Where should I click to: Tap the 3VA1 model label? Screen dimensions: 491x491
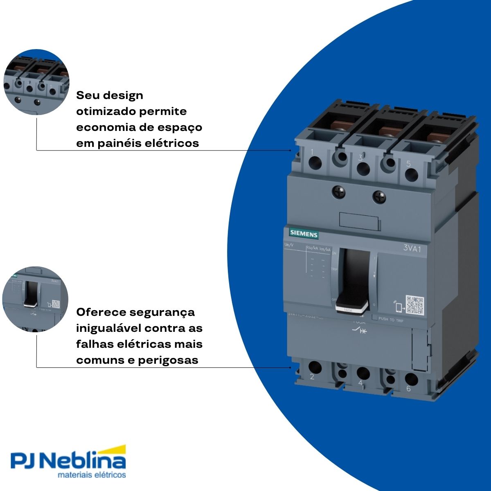click(412, 248)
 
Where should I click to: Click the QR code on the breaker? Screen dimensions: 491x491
click(414, 305)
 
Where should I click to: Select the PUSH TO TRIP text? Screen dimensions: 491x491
click(391, 320)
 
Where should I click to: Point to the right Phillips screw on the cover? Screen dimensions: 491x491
click(379, 196)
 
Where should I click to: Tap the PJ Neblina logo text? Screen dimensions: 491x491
click(68, 461)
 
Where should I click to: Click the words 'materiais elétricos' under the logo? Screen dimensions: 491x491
click(92, 475)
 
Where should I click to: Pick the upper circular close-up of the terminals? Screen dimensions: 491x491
click(36, 82)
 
